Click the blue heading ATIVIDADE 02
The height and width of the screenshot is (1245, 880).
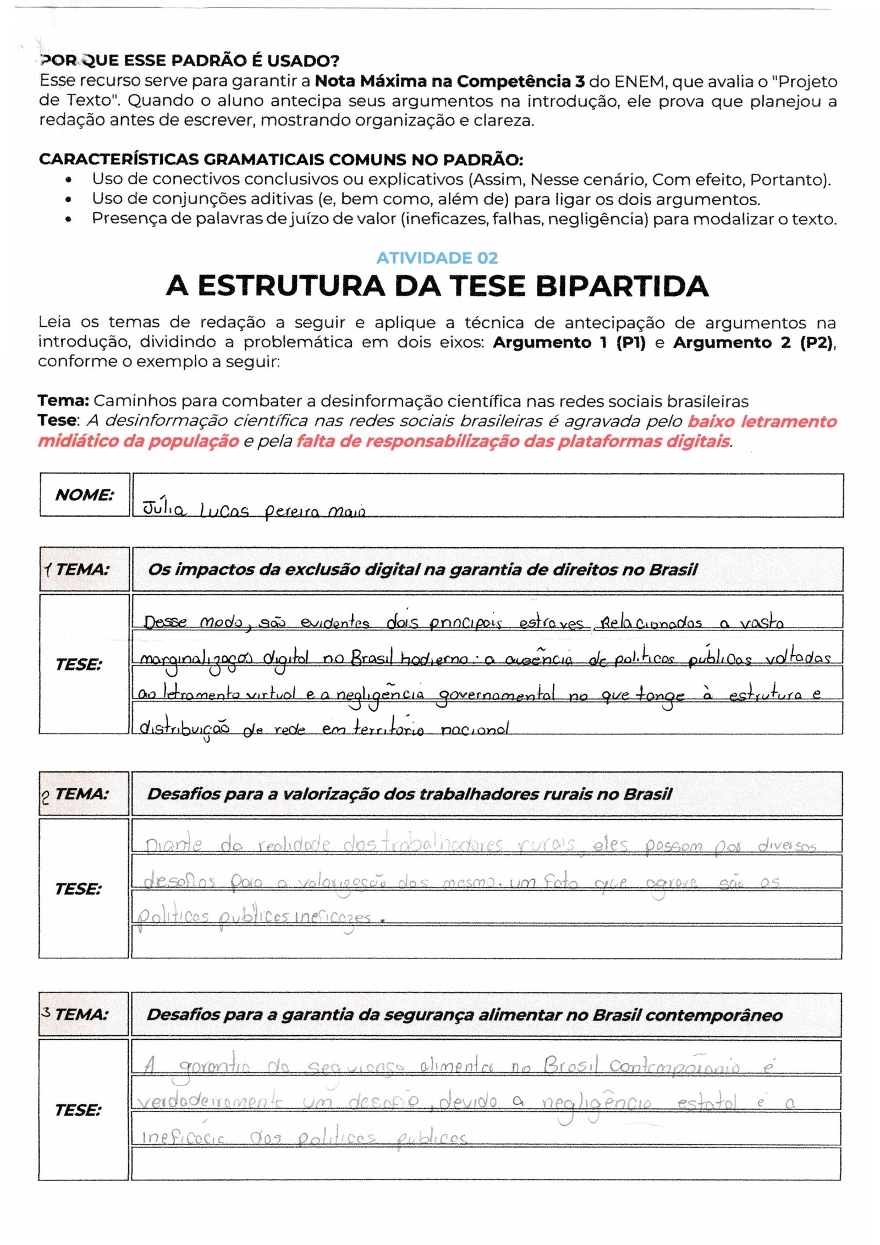pos(437,258)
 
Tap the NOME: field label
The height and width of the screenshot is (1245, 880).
pos(84,495)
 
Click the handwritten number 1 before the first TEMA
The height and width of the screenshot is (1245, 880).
pos(48,569)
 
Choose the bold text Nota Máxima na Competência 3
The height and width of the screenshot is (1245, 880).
pos(449,81)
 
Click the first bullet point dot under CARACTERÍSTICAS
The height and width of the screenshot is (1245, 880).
pos(68,180)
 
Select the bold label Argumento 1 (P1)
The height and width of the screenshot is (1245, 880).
pos(569,342)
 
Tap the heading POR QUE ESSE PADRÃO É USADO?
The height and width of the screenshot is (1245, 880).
pos(190,60)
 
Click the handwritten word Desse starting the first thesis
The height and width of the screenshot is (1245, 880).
pos(164,622)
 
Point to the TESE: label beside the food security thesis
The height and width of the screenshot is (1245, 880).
pos(78,1110)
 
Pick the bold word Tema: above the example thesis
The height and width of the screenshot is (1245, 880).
pos(63,401)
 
